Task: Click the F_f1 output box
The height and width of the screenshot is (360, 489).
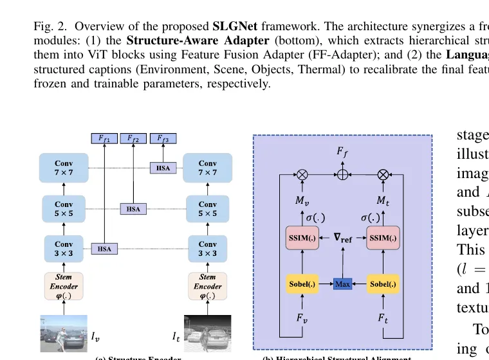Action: [x=104, y=138]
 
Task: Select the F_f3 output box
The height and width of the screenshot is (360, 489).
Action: [x=163, y=138]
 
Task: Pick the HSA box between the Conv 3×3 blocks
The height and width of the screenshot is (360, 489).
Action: [x=103, y=249]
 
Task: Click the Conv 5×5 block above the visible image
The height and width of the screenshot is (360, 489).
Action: [x=64, y=208]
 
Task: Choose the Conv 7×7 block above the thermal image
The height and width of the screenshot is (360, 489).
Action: [x=207, y=168]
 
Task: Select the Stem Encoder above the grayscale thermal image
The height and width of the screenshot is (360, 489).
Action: [x=207, y=286]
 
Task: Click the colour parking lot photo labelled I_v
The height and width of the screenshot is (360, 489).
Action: [x=64, y=332]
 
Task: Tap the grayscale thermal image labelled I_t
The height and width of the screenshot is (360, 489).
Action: [x=207, y=332]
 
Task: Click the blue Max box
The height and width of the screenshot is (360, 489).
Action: [x=342, y=283]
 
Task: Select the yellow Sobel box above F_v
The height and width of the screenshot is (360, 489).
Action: [x=301, y=283]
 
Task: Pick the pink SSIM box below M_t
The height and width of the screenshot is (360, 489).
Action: [x=383, y=238]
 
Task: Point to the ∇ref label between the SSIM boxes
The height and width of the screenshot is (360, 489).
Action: [x=342, y=237]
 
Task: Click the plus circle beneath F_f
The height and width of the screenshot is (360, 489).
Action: [x=342, y=174]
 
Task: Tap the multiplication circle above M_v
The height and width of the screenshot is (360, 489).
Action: [x=301, y=174]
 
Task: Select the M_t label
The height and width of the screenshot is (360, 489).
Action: [x=383, y=201]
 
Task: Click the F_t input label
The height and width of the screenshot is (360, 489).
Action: [x=383, y=318]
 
